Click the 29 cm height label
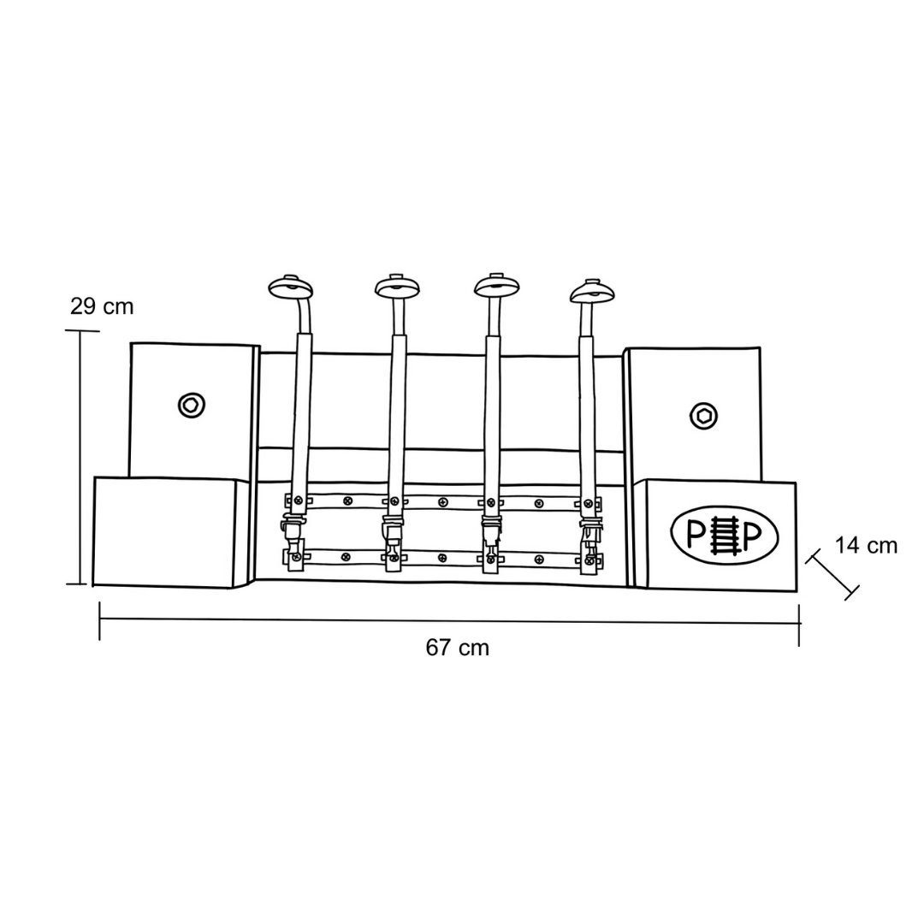[102, 306]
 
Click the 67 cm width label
[457, 649]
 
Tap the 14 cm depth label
[866, 546]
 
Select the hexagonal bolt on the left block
[192, 405]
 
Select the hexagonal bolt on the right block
[703, 416]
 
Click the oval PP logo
[725, 534]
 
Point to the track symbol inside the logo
[725, 534]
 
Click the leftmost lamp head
[290, 287]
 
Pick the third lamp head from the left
[497, 285]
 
